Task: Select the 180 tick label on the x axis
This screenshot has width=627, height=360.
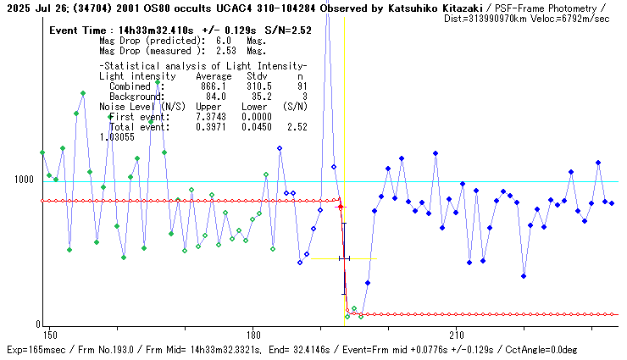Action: coord(252,335)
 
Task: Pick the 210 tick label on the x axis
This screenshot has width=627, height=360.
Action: coord(456,335)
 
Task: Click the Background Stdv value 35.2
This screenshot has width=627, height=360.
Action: coord(258,97)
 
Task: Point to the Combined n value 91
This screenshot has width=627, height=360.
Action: coord(302,86)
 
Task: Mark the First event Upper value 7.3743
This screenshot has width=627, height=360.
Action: coord(211,117)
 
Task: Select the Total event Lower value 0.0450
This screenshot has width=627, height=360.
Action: coord(257,127)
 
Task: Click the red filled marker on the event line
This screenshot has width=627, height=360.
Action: coord(341,207)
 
